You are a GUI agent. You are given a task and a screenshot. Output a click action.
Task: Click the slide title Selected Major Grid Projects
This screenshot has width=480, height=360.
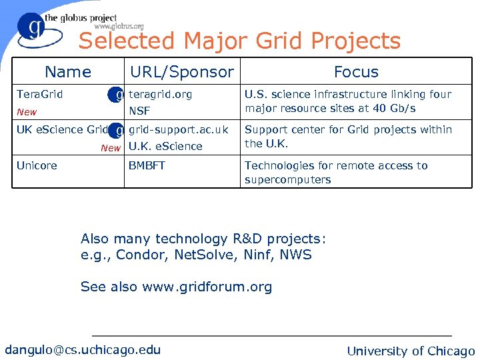(239, 41)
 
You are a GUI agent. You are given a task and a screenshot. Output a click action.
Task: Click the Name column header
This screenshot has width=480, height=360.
(67, 72)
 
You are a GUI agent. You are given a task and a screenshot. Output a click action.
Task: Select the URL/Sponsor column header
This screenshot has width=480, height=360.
(182, 72)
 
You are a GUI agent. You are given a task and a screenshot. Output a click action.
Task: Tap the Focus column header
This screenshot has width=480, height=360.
(356, 72)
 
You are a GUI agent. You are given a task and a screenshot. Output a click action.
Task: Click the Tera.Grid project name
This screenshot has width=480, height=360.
(39, 94)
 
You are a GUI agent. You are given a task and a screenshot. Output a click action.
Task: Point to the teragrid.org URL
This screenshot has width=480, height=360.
(160, 94)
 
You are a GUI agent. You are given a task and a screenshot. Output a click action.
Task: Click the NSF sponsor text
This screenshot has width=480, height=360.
(139, 111)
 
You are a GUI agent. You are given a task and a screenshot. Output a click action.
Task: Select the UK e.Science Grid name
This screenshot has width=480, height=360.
(61, 129)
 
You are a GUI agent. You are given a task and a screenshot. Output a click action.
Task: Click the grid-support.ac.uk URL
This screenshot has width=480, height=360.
(178, 129)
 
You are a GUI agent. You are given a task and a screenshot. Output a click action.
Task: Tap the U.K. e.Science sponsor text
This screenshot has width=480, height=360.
(165, 147)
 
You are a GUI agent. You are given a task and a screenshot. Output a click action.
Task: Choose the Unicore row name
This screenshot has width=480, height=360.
(37, 165)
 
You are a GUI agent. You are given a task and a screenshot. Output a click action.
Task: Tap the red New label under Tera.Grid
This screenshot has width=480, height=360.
(27, 112)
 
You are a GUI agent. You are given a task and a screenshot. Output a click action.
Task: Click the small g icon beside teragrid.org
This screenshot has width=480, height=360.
(117, 95)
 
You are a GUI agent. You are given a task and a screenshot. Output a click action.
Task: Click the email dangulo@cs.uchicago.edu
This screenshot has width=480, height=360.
(83, 350)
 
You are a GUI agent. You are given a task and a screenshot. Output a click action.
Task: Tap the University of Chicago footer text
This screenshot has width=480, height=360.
(411, 351)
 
